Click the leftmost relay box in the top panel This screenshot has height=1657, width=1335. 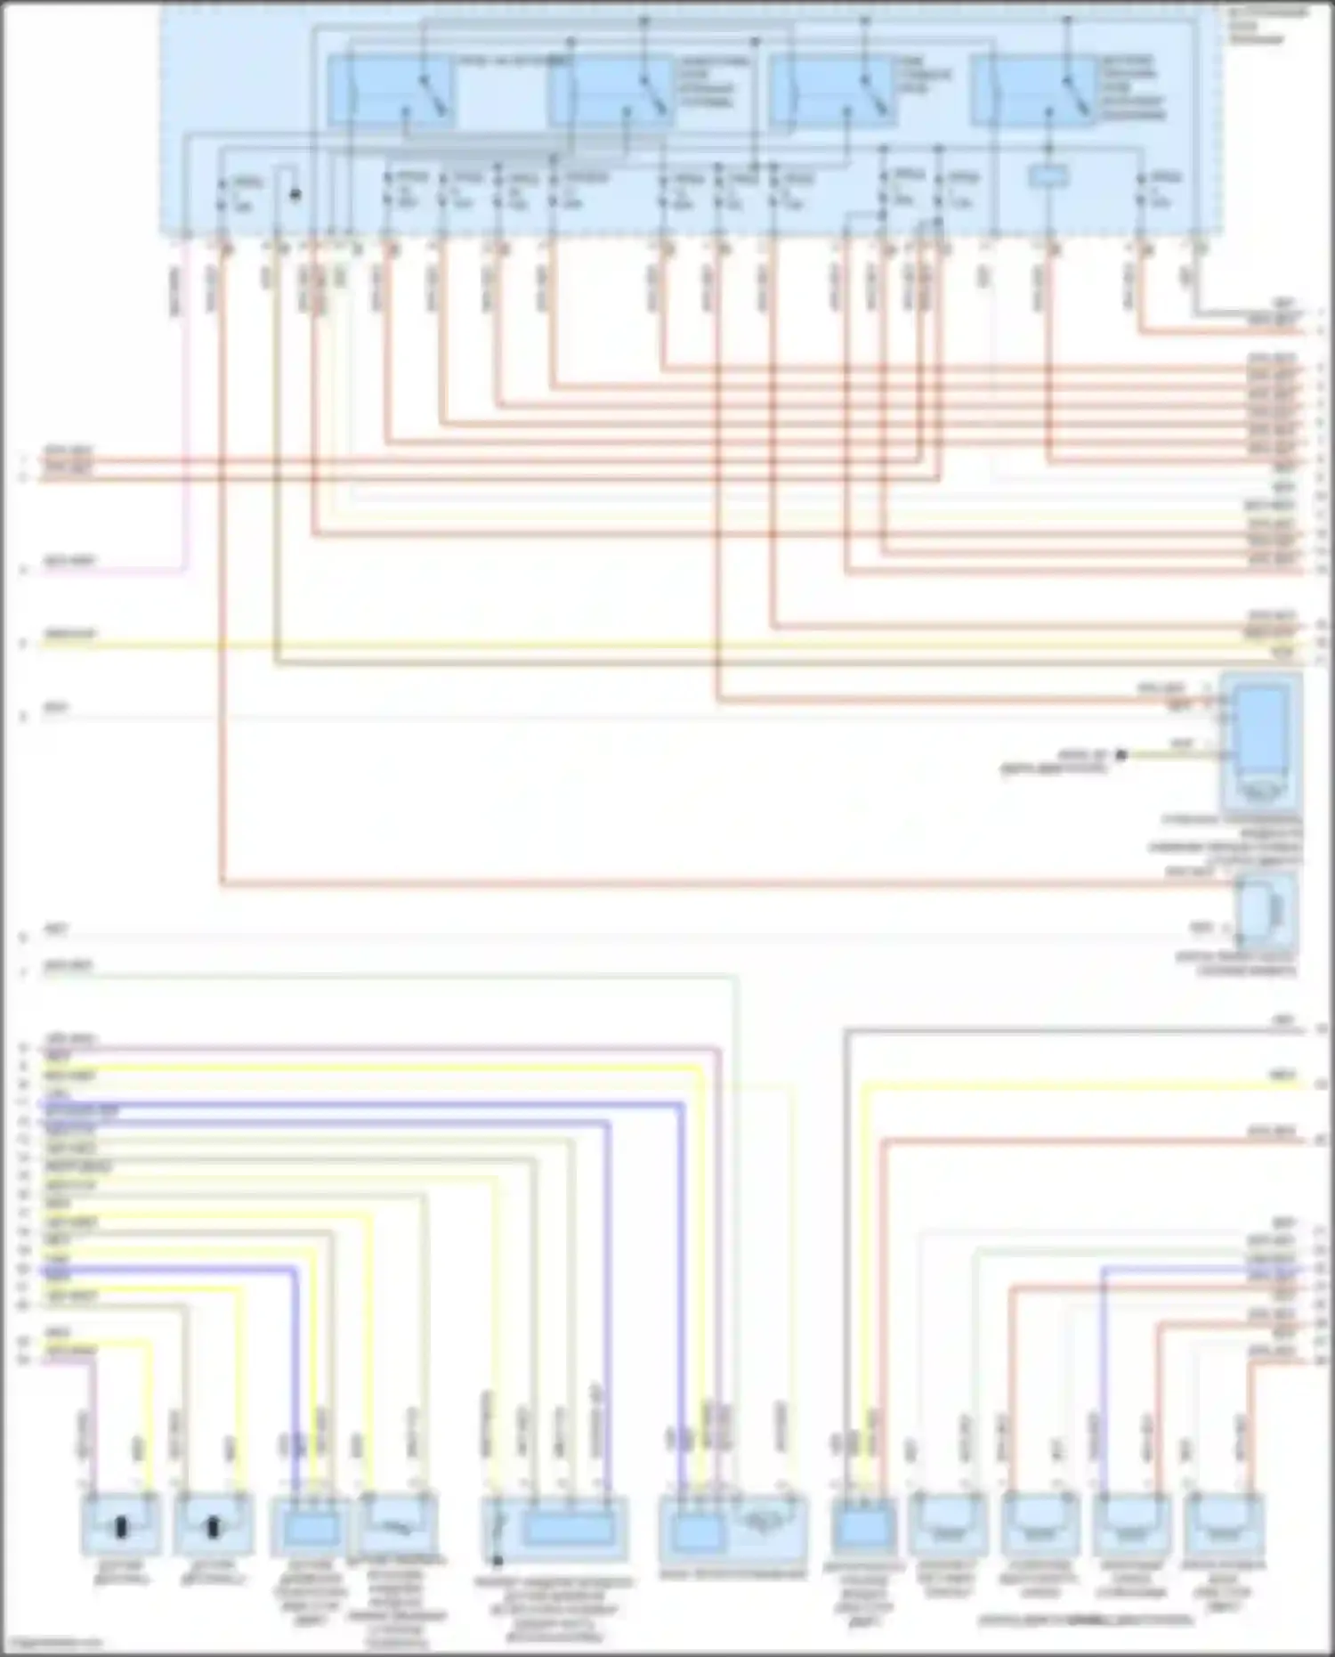(392, 91)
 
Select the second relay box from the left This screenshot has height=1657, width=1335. (611, 91)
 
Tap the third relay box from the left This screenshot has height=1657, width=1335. (832, 91)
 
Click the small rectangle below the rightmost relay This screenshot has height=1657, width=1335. (1048, 177)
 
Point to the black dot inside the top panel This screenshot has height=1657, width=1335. (295, 194)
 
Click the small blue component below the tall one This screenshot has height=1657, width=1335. (1267, 913)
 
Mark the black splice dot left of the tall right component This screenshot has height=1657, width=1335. (1121, 755)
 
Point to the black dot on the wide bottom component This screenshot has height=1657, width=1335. (498, 1561)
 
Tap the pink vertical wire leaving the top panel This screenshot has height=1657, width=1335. (187, 410)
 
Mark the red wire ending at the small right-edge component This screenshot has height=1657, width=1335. (712, 884)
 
